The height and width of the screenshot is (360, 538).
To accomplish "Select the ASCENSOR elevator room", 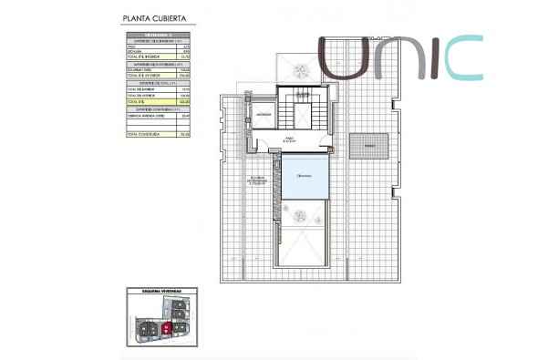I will coord(264,116).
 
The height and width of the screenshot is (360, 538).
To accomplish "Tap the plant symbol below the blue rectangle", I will coord(298,215).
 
